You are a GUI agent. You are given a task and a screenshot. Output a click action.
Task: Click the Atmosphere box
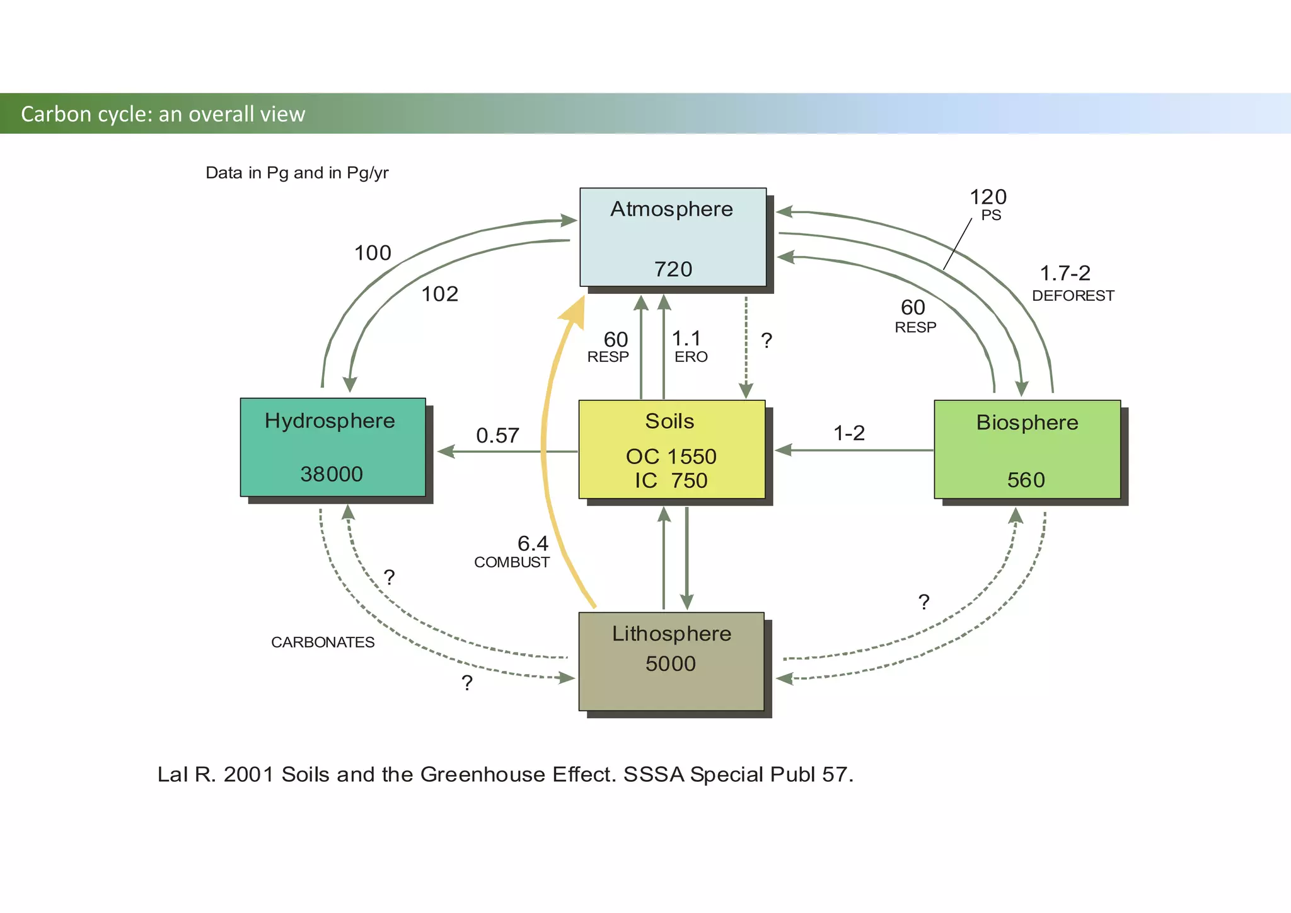pos(673,237)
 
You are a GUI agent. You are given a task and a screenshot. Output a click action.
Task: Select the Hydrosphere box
pos(332,446)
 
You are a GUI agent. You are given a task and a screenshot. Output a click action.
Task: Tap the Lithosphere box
pos(671,661)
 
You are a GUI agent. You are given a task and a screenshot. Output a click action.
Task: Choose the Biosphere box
pos(1027,449)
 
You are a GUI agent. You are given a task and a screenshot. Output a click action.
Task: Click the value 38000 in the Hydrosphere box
pos(332,474)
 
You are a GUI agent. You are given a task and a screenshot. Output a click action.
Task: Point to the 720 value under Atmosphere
pos(673,269)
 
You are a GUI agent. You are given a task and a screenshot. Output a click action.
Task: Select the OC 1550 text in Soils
pos(671,456)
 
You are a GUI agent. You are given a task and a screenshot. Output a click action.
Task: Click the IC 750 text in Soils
pos(671,480)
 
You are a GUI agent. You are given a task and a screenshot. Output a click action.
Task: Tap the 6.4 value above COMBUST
pos(533,543)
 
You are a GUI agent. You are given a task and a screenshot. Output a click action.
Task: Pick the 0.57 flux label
pos(497,436)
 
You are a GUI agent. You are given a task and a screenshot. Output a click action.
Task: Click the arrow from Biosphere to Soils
pos(854,450)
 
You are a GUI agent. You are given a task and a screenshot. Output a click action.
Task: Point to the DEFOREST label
pos(1073,296)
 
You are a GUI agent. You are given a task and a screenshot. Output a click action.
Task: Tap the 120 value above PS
pos(988,197)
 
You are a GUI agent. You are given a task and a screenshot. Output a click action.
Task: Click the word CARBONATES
pos(323,643)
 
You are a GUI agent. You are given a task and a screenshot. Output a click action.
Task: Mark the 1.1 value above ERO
pos(686,338)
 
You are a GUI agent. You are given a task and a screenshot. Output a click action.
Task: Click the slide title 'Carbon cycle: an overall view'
pos(163,114)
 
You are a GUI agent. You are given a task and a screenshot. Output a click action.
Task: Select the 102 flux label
pos(439,294)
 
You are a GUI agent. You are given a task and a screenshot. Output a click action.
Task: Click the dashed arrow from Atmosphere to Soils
pos(746,347)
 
